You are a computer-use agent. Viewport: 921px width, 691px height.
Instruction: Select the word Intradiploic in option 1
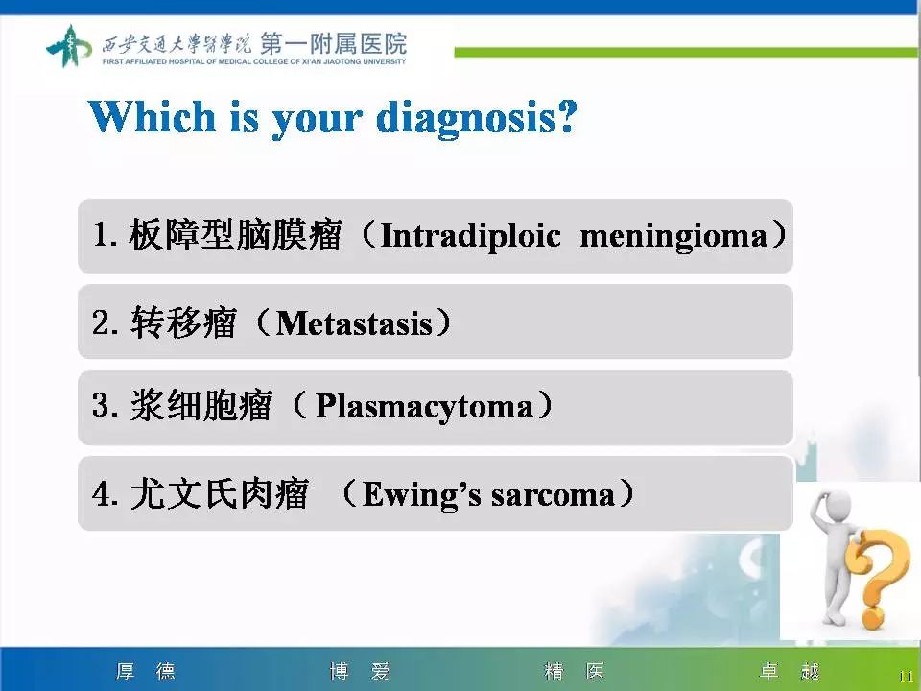pos(470,236)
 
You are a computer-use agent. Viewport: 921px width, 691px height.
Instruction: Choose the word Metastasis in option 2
pos(354,323)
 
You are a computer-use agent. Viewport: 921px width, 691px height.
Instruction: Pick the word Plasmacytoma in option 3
pos(424,407)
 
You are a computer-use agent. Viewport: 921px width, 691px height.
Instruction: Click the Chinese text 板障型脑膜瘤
pos(235,236)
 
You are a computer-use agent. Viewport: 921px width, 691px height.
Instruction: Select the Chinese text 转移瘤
pos(182,323)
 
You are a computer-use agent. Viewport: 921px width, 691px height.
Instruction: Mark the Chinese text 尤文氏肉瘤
pos(219,494)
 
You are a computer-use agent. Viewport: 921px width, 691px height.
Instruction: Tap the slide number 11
pos(905,676)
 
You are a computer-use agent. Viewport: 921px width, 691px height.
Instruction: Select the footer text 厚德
pos(146,672)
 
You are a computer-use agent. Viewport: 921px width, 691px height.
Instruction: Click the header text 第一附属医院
pos(333,44)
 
